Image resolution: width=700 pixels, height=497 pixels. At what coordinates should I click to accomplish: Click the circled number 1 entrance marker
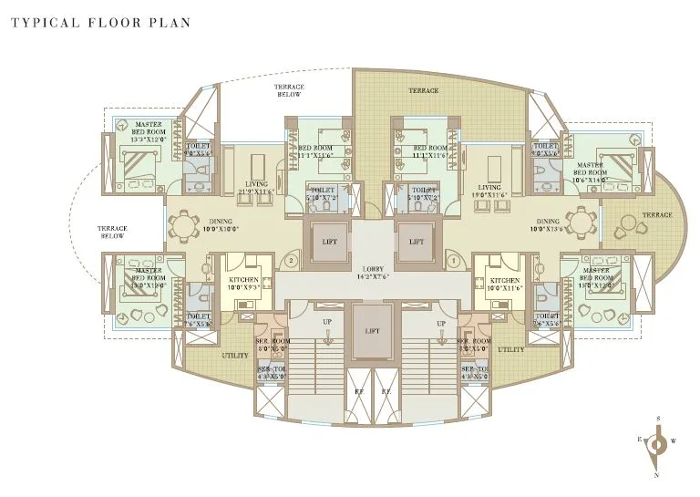453,261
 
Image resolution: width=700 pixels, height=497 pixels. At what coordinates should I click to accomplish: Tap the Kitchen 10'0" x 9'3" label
244,284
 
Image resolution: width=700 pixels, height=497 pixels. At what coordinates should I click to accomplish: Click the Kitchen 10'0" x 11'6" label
505,284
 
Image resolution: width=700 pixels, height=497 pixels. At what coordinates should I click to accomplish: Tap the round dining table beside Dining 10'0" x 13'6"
581,223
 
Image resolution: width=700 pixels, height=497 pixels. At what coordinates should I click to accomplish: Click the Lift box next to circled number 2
329,242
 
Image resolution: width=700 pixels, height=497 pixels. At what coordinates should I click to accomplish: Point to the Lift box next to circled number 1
416,242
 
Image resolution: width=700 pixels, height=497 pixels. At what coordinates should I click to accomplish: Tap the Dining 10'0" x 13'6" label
548,224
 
